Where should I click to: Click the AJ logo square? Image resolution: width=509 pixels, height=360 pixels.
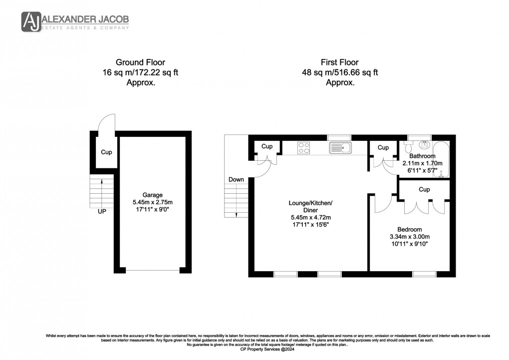click(x=30, y=21)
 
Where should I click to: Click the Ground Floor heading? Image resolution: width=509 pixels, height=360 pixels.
click(x=140, y=62)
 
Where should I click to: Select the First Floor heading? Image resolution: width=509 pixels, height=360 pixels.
click(x=340, y=62)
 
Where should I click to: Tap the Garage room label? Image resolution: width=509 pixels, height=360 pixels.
click(x=152, y=195)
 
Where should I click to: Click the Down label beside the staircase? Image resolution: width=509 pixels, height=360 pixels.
click(x=236, y=179)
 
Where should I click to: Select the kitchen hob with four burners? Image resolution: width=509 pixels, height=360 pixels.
click(x=303, y=147)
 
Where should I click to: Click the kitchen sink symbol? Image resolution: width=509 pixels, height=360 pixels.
click(x=341, y=147)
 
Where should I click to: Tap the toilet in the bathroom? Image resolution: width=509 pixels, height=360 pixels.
click(x=408, y=146)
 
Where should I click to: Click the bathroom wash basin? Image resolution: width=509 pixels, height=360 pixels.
click(x=424, y=145)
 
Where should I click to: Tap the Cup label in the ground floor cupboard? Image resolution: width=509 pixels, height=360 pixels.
click(x=106, y=152)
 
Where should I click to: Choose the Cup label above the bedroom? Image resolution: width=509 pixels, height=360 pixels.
click(x=424, y=190)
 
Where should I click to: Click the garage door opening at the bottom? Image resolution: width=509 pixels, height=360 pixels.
click(x=152, y=270)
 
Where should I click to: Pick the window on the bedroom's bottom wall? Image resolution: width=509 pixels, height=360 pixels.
click(x=424, y=274)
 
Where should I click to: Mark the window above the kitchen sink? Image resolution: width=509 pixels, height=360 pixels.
click(x=339, y=137)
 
